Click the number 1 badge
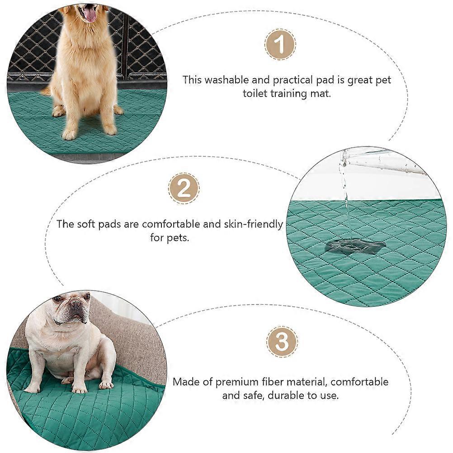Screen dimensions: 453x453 pyautogui.click(x=280, y=44)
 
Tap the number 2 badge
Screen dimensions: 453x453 pyautogui.click(x=184, y=189)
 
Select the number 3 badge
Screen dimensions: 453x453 pyautogui.click(x=282, y=342)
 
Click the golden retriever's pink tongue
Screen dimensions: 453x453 pyautogui.click(x=90, y=15)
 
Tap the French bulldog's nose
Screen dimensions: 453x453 pyautogui.click(x=75, y=303)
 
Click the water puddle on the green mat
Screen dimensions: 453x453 pyautogui.click(x=355, y=247)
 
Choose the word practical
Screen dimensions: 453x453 pyautogui.click(x=293, y=80)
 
